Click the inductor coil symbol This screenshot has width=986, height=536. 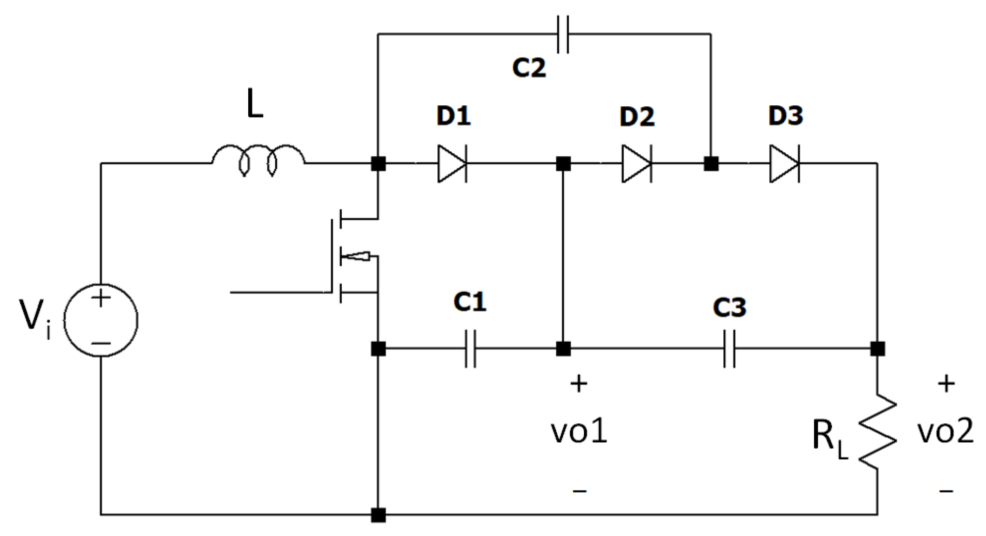pos(258,159)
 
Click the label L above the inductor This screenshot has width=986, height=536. pos(255,105)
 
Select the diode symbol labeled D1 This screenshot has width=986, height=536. pos(452,164)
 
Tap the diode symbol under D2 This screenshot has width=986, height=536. pos(637,164)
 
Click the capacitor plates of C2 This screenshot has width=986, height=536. pos(563,34)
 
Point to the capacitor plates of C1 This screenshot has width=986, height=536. pos(470,348)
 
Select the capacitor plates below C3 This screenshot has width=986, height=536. pos(730,348)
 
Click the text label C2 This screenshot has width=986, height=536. pos(529,68)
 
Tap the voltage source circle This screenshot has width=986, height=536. pos(101,320)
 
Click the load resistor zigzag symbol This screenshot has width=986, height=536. pos(877,432)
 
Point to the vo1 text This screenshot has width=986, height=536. pos(579,432)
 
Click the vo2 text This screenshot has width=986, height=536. pos(945,432)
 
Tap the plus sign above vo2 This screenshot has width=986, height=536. pos(946,384)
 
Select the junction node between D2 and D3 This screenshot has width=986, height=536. pos(711,164)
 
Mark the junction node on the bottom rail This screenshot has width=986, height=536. pos(378,515)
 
